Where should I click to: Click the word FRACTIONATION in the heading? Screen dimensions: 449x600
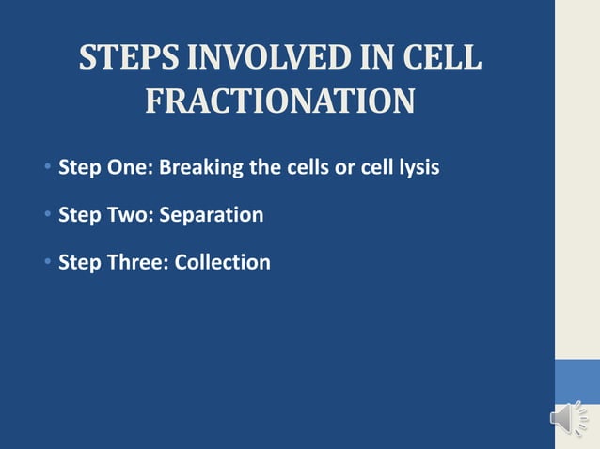point(279,101)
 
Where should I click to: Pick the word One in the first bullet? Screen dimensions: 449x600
point(129,169)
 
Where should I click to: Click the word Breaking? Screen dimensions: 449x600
point(199,169)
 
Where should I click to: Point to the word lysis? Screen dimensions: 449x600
point(417,169)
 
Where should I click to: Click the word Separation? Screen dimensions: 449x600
point(212,216)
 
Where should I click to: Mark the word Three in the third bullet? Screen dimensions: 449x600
point(134,262)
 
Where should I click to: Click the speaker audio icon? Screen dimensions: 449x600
point(568,418)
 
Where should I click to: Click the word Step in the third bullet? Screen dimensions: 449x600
point(80,263)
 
